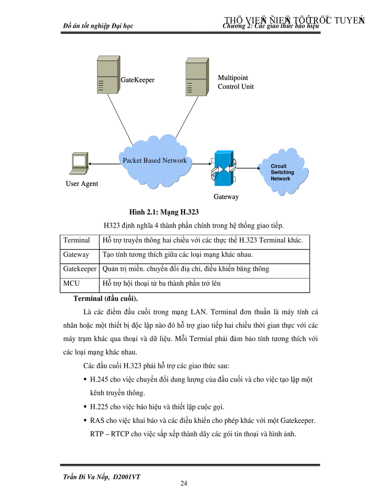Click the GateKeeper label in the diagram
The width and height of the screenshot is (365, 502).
137,80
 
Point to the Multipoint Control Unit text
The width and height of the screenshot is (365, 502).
236,82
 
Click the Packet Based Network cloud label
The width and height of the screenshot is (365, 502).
155,160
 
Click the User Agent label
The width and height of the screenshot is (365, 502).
82,184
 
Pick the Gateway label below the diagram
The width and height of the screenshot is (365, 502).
226,197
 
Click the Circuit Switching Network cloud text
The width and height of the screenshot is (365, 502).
282,173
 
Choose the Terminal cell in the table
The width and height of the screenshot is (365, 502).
76,240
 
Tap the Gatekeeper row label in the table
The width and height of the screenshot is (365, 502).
80,269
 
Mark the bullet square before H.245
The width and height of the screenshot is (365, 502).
85,380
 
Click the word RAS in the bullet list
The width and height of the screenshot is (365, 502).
97,421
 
